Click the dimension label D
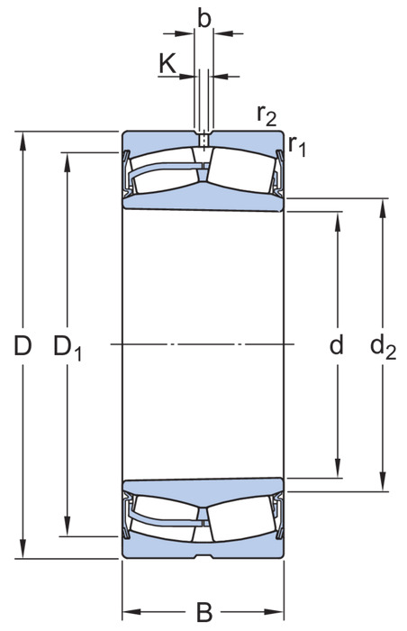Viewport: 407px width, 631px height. coord(23,345)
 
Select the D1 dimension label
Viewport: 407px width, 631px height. coord(68,347)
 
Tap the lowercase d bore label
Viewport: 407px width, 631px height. coord(336,344)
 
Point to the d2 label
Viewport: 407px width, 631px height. coord(383,346)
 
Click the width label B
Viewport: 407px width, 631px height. coord(203,612)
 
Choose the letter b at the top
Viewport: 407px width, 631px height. coord(203,18)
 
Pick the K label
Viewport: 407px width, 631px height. coord(167,64)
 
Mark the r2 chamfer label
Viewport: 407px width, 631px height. coord(267,115)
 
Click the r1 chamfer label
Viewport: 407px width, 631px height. coord(297,146)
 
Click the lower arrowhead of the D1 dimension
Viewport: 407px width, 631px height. coord(68,526)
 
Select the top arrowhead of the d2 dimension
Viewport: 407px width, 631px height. coord(382,208)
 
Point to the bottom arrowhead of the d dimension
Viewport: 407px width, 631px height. coord(337,469)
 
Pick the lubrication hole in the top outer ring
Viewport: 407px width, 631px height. coord(203,141)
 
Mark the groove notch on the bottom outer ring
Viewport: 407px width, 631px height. coord(203,556)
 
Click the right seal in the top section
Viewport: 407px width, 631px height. coord(278,173)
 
